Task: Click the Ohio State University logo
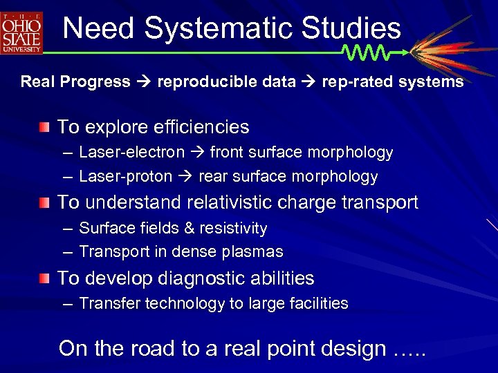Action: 22,32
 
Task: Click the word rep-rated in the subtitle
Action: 353,82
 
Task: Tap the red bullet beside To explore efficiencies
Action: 44,127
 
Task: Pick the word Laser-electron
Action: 131,153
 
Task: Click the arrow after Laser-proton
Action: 185,177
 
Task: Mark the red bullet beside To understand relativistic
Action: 44,203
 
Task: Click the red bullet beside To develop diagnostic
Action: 44,279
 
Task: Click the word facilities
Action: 318,303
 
